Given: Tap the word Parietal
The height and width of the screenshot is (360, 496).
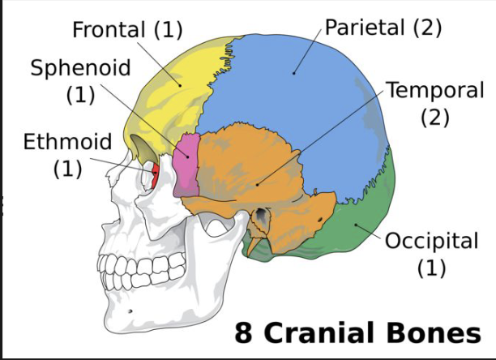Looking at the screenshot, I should click(365, 27).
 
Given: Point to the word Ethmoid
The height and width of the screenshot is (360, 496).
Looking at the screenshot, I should click(67, 143).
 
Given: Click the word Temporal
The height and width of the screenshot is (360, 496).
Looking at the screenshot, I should click(434, 90).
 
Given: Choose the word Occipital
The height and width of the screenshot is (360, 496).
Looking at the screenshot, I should click(431, 241).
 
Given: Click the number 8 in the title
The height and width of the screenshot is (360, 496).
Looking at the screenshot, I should click(244, 332).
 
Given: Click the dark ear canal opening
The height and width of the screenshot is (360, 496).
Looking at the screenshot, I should click(262, 217).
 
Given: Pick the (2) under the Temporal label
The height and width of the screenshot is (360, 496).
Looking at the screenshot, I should click(434, 117).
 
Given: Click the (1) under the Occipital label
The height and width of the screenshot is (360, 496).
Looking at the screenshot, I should click(431, 268).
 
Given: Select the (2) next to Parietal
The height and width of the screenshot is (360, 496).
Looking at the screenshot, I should click(427, 27).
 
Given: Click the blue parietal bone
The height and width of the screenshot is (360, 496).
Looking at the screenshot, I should click(300, 89).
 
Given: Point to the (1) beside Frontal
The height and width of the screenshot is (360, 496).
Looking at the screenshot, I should click(169, 31).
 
